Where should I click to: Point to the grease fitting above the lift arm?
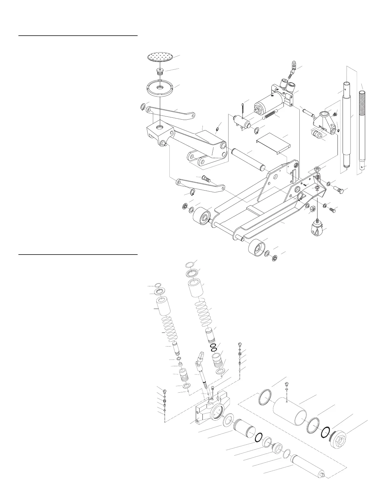217,129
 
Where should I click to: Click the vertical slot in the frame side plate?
294,175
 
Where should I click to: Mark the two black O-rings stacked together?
214,347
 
